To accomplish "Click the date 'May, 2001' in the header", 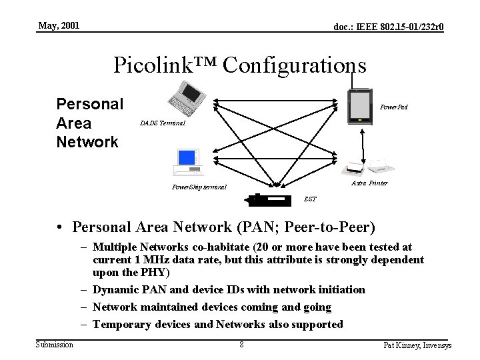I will (x=59, y=26).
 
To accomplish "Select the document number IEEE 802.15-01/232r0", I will (x=389, y=27).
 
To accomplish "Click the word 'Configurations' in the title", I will (x=295, y=65).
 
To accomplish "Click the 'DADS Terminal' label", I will (x=163, y=123).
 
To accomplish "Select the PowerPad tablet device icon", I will (x=360, y=107).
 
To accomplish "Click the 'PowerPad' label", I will (x=393, y=107).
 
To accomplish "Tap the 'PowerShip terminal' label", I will (x=199, y=187).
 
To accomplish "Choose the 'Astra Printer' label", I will (x=369, y=183).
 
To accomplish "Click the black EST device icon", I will (x=269, y=200).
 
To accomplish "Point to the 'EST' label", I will (x=310, y=199).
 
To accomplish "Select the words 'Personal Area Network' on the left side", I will (x=90, y=123).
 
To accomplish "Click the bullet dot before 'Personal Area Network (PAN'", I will (x=60, y=228).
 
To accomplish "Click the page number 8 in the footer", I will (x=241, y=345).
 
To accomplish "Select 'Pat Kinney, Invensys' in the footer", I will (x=418, y=345).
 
